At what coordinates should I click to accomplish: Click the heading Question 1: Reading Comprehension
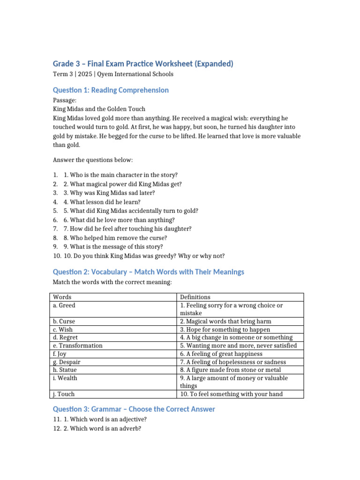point(111,90)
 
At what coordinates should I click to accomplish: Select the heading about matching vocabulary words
point(148,272)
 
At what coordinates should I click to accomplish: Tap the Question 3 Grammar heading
point(134,409)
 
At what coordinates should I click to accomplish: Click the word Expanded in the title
point(213,64)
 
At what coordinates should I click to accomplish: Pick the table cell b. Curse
point(64,321)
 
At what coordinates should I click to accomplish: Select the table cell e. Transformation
point(78,345)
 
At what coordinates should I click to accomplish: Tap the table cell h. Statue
point(65,370)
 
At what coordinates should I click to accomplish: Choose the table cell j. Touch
point(64,394)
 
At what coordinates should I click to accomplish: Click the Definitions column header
point(195,297)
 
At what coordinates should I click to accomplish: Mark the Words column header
point(62,297)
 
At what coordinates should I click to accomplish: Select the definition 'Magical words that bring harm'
point(225,321)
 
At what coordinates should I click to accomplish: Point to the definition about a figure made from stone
point(231,370)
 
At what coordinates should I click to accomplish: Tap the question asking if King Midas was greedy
point(144,256)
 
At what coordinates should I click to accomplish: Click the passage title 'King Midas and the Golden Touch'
point(99,109)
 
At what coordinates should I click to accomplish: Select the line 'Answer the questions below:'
point(92,160)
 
